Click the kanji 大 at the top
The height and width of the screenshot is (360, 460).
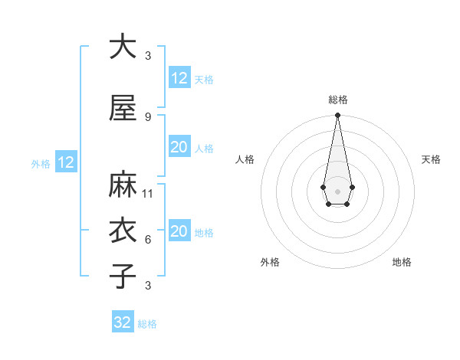click(122, 47)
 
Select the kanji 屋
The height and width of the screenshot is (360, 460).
click(122, 109)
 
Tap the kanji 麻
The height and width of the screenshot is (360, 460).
click(122, 186)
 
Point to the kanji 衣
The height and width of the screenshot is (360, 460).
click(122, 232)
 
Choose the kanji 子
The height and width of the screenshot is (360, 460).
click(122, 276)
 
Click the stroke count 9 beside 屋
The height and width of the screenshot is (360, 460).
click(147, 117)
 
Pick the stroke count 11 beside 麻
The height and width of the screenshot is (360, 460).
click(149, 194)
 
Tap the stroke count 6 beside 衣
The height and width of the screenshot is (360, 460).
click(147, 240)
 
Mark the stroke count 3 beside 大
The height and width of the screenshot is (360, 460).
click(147, 56)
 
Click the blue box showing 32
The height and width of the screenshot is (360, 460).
click(123, 322)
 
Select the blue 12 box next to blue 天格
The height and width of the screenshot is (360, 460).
click(179, 78)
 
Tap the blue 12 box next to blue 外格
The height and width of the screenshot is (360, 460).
click(65, 162)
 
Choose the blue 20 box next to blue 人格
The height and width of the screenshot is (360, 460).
click(179, 147)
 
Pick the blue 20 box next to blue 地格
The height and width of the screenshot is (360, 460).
click(179, 231)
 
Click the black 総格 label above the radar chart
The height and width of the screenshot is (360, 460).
click(337, 100)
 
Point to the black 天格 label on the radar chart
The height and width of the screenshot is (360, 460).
click(431, 159)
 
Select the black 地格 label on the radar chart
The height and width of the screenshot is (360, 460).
click(402, 262)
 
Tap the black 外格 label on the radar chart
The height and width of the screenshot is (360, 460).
click(270, 262)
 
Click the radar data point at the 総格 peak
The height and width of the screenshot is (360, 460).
click(337, 116)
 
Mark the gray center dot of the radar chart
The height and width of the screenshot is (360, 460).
click(337, 191)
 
